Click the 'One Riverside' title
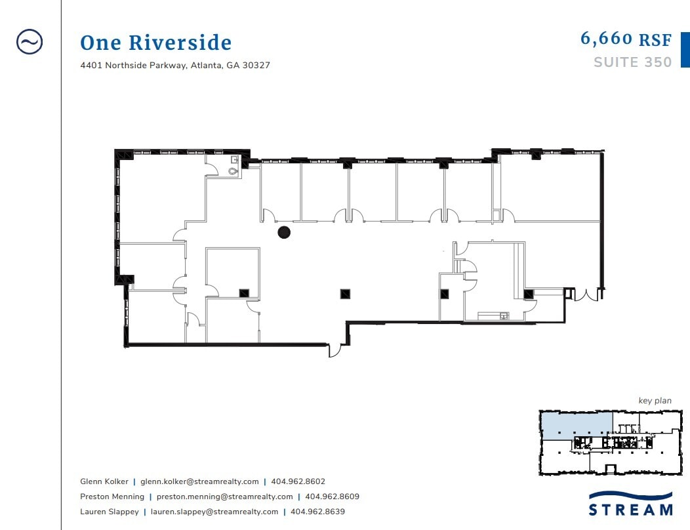156,43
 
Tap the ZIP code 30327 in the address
256,65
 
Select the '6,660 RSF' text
626,39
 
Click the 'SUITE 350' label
633,62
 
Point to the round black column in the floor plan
284,232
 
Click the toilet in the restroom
233,171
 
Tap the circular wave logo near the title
30,42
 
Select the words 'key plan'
655,401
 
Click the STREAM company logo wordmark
630,510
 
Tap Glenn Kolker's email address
199,481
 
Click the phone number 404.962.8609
333,497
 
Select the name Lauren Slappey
109,512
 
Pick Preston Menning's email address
224,497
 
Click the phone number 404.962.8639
317,512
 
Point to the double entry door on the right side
586,295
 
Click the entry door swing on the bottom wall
335,350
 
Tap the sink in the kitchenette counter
504,316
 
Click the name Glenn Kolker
104,481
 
